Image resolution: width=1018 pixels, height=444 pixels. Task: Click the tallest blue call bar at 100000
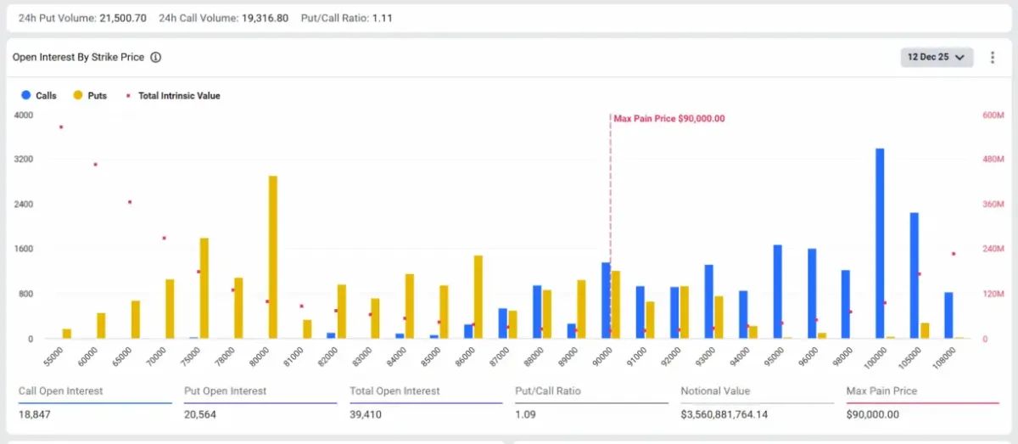[880, 244]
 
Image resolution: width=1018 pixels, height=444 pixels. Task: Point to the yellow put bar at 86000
[478, 297]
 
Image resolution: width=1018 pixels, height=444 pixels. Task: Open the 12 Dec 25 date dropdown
[937, 57]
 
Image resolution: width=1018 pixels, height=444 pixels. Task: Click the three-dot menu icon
[992, 57]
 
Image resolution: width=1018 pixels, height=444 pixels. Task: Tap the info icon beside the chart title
[156, 58]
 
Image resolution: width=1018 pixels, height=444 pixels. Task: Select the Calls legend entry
[39, 96]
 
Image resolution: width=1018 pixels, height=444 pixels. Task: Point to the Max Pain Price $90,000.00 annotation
[669, 119]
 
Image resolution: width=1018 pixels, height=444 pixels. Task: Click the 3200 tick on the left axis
[24, 160]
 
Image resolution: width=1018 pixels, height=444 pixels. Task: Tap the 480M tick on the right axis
[993, 160]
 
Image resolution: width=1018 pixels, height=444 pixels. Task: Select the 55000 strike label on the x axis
[53, 356]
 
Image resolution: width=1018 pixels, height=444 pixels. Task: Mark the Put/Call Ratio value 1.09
[528, 414]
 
